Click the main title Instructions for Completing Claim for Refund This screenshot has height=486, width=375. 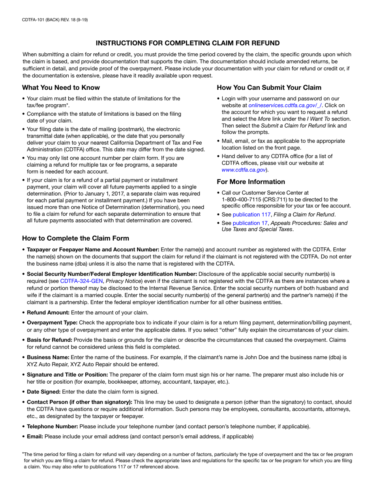pyautogui.click(x=187, y=43)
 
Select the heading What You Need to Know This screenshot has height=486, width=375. pyautogui.click(x=61, y=87)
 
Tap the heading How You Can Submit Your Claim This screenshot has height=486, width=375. pyautogui.click(x=269, y=87)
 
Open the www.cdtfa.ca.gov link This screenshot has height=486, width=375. pyautogui.click(x=244, y=170)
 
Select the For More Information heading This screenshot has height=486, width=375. pyautogui.click(x=251, y=182)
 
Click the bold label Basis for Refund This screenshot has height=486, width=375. pyautogui.click(x=49, y=340)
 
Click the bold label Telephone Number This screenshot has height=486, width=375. pyautogui.click(x=52, y=426)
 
